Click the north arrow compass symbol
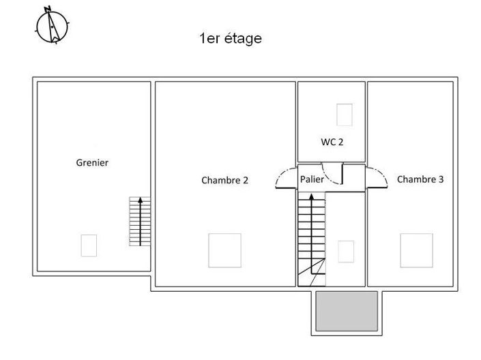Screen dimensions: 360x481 [52, 25]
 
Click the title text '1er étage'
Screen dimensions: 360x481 [230, 39]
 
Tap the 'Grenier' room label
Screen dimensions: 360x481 [92, 163]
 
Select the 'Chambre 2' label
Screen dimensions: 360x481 [224, 181]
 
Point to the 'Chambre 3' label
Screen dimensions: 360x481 [420, 180]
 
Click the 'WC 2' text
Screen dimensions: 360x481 [332, 142]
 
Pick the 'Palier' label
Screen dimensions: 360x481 [312, 179]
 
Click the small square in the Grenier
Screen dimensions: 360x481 [89, 245]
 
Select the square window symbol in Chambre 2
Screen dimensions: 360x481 [224, 250]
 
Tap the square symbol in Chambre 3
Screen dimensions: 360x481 [416, 250]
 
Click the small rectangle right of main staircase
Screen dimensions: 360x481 [347, 251]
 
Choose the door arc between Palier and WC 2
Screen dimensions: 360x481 [332, 176]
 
